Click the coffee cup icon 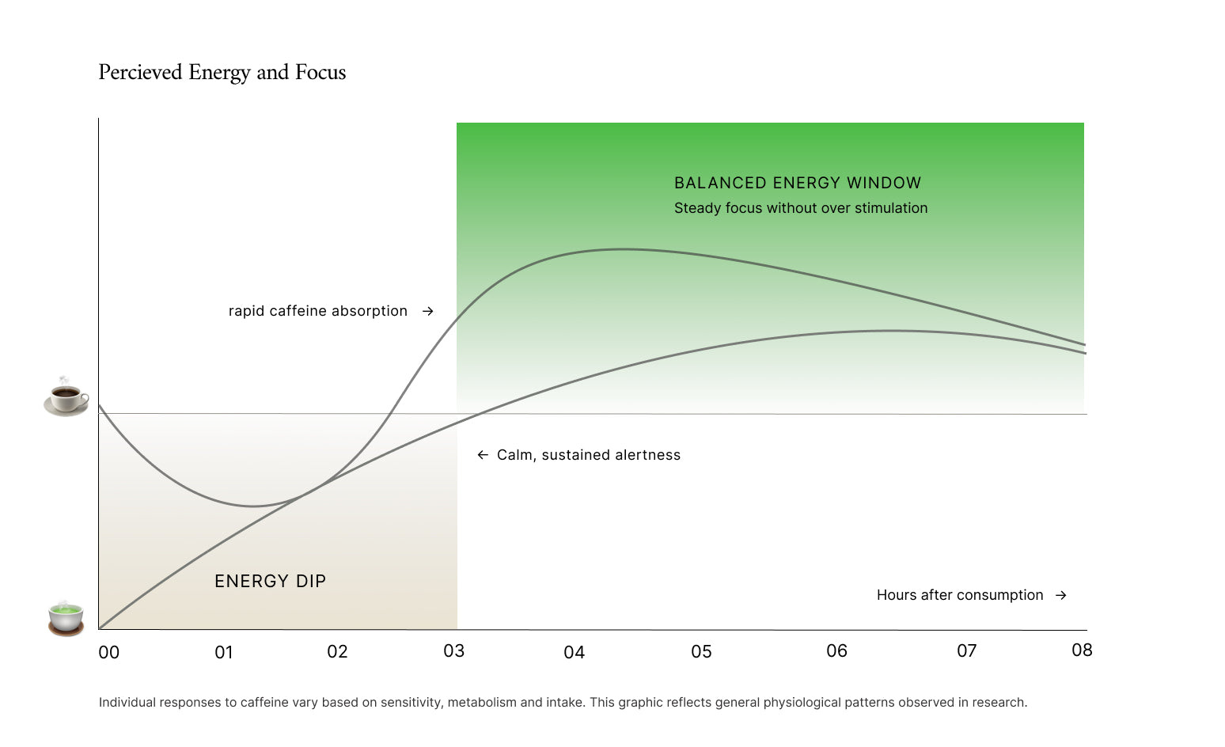point(66,396)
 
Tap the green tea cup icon point(66,617)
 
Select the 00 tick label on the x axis point(109,653)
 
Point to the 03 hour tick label point(453,651)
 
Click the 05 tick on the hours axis point(701,652)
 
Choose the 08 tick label point(1082,650)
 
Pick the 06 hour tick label point(836,651)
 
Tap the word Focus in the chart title point(320,73)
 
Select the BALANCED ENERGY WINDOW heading point(798,183)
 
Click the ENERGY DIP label point(270,581)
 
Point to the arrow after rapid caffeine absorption point(428,311)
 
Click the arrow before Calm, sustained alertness point(483,455)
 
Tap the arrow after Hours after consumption point(1061,595)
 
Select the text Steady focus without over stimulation point(801,208)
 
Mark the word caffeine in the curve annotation point(298,311)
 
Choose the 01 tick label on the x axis point(224,653)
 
